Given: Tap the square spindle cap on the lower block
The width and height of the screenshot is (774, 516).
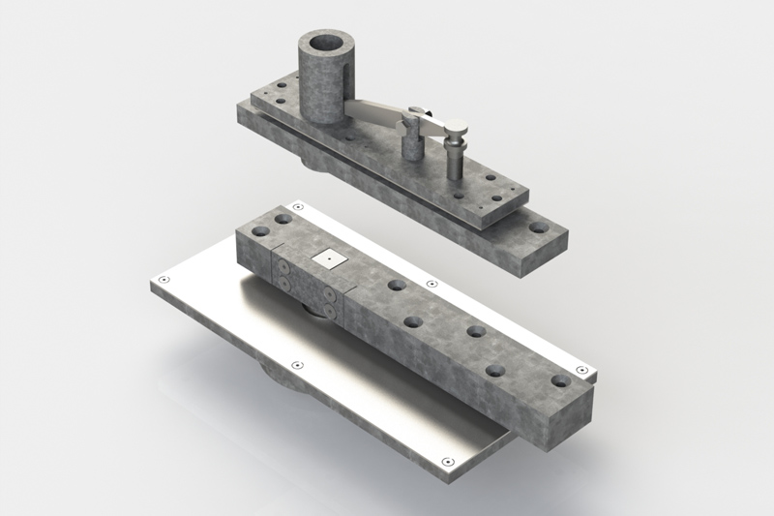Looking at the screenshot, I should pyautogui.click(x=331, y=258).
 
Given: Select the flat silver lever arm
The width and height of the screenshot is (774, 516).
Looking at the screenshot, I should pyautogui.click(x=382, y=113).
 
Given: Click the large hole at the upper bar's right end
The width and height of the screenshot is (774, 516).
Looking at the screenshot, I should pyautogui.click(x=539, y=229).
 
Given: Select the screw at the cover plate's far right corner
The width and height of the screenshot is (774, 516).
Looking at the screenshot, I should pyautogui.click(x=580, y=370).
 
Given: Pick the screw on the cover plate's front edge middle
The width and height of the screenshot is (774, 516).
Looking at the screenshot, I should pyautogui.click(x=297, y=365).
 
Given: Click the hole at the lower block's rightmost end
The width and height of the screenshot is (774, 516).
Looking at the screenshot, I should pyautogui.click(x=559, y=380).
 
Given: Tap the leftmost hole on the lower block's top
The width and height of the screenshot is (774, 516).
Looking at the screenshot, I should pyautogui.click(x=259, y=231).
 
